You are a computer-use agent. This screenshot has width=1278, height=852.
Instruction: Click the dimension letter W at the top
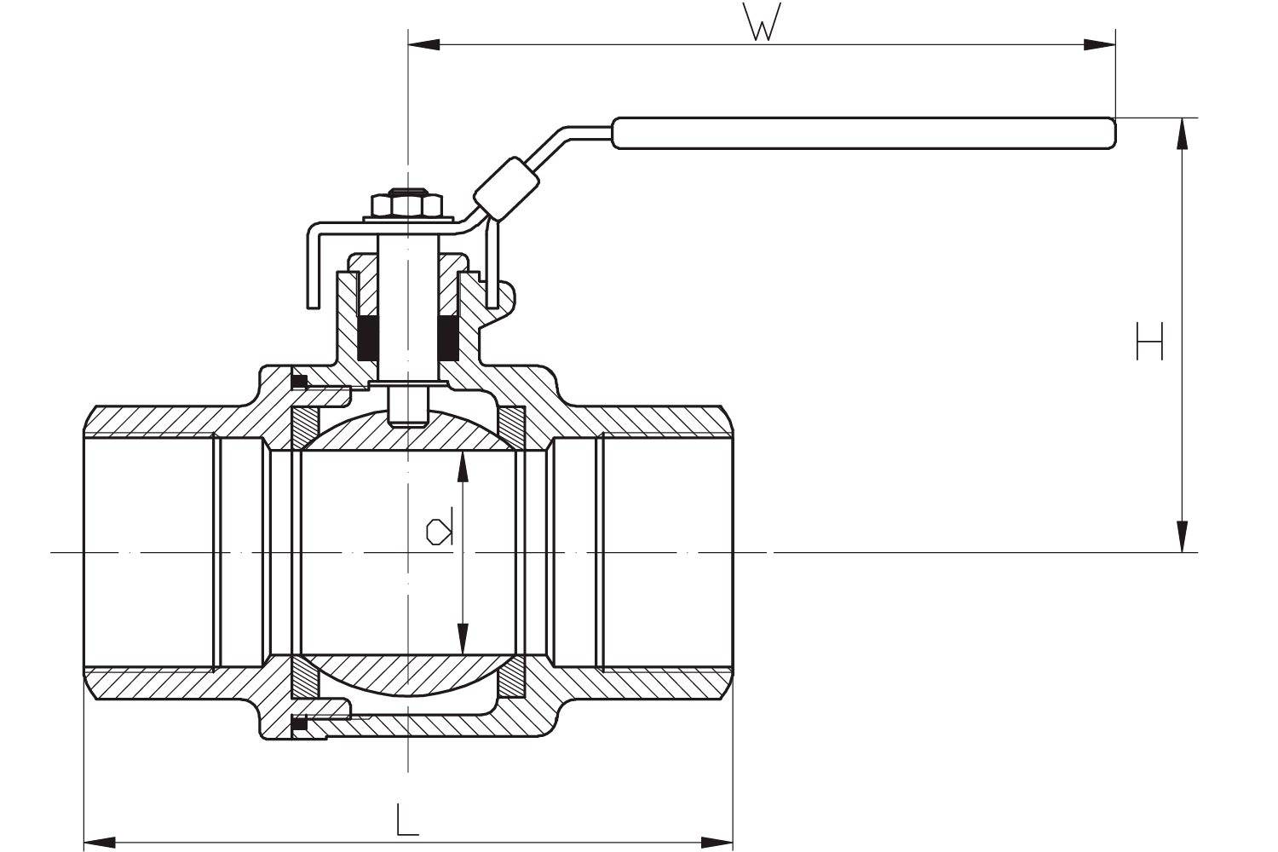point(762,23)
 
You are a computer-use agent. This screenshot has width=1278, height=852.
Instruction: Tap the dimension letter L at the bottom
point(407,819)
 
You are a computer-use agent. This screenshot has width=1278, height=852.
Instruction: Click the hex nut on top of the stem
point(407,205)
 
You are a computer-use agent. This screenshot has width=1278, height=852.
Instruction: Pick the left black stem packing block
point(369,337)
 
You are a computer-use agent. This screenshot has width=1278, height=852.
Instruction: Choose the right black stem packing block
point(449,337)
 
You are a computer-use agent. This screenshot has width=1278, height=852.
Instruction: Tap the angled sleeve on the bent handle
point(506,187)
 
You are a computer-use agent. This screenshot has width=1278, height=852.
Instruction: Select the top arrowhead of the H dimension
point(1182,134)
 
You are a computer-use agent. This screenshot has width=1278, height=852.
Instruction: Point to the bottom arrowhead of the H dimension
point(1182,536)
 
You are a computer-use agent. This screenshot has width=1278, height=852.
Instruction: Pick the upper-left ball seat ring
point(303,427)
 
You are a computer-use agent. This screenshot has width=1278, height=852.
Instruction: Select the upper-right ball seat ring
point(512,425)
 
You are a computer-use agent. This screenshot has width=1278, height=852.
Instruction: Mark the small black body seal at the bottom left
point(299,724)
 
